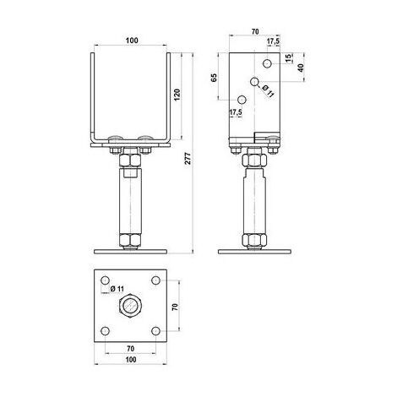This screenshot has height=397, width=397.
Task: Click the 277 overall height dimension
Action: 188,159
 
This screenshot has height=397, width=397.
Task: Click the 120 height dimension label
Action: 177,95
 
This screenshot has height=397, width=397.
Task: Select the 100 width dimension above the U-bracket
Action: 132,41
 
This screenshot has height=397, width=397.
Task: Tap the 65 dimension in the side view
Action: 215,78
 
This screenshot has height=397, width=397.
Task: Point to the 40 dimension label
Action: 301,68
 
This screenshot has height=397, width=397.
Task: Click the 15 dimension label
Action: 288,58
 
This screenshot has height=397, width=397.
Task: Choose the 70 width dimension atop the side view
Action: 255,31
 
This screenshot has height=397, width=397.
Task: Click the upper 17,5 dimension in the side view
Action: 273,41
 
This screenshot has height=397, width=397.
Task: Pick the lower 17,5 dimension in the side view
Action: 236,112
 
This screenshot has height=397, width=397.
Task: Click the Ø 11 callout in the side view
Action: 268,91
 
